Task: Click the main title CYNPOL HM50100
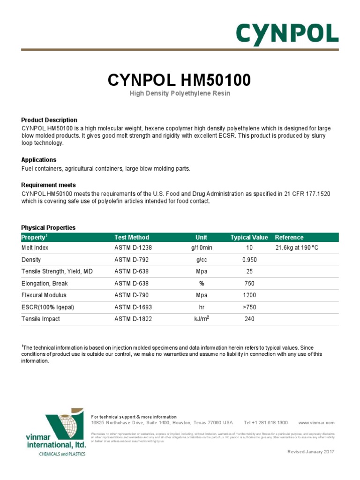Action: click(x=180, y=80)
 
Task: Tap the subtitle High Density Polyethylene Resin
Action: click(x=180, y=94)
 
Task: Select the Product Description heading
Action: click(x=49, y=120)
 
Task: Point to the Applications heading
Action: click(x=39, y=160)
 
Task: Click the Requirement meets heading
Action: click(x=49, y=185)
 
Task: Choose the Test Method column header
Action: click(x=132, y=238)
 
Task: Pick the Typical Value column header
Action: click(x=249, y=238)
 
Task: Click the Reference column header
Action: click(x=289, y=238)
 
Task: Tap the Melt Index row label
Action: click(x=35, y=247)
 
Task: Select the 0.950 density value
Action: click(x=249, y=260)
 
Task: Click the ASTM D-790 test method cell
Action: click(x=133, y=295)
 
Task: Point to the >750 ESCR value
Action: click(x=249, y=307)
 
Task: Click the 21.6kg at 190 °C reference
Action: click(x=297, y=247)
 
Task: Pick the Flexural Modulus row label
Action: click(x=44, y=295)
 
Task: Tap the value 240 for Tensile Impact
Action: click(x=249, y=319)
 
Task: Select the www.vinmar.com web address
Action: click(x=316, y=423)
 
